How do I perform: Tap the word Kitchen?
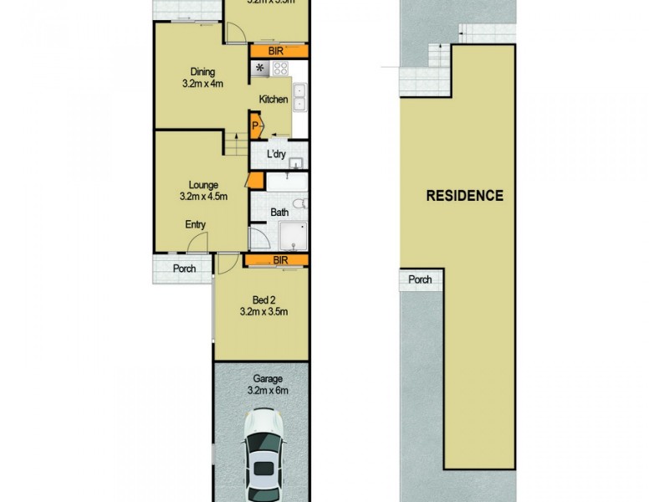tap(273, 100)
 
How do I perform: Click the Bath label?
tap(279, 213)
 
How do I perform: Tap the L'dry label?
tap(277, 154)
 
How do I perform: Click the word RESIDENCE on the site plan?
tap(465, 197)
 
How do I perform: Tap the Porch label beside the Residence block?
tap(420, 279)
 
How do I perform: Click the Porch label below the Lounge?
tap(184, 269)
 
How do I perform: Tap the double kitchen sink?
tap(300, 98)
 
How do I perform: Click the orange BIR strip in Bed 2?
tap(277, 261)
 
